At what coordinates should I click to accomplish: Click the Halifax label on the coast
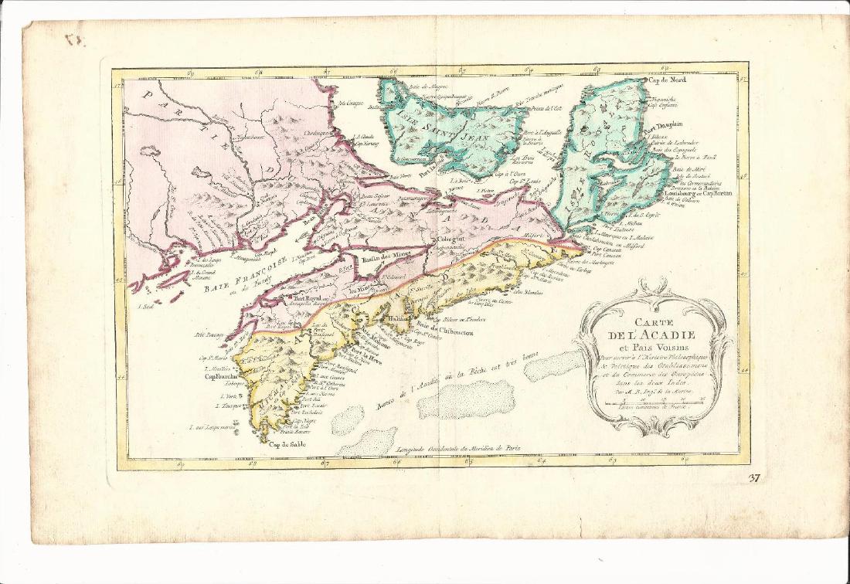[399, 317]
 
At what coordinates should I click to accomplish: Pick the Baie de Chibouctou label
[446, 332]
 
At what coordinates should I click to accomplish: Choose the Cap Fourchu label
[220, 379]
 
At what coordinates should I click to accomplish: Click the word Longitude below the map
[420, 448]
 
